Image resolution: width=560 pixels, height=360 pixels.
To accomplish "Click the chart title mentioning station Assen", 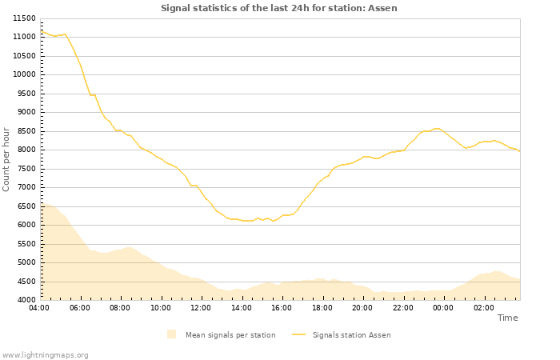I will tap(278, 8).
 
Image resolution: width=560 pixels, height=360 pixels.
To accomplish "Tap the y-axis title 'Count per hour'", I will tap(6, 159).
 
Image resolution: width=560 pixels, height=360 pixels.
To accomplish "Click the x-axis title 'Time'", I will tap(507, 318).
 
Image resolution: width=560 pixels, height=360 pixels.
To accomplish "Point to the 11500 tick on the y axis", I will tap(23, 18).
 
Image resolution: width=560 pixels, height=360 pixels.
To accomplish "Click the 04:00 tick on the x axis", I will tap(39, 307).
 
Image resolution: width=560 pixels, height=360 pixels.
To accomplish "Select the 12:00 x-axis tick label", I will tap(201, 307).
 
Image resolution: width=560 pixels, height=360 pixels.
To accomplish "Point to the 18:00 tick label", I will tap(322, 307).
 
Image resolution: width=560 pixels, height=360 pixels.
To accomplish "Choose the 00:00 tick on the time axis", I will tap(443, 307).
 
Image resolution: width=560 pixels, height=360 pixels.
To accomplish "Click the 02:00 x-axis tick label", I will tap(484, 307).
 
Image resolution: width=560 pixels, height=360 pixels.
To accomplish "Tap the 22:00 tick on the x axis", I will tap(403, 307).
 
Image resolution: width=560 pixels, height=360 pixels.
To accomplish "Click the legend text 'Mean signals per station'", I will tap(230, 335).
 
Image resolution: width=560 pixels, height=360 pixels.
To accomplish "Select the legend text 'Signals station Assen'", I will tap(351, 335).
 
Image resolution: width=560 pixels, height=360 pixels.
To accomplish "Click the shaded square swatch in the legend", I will tap(171, 334).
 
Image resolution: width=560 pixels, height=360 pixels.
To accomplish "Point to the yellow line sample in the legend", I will tap(299, 335).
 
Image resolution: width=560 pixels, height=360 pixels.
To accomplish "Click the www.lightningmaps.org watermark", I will tap(45, 354).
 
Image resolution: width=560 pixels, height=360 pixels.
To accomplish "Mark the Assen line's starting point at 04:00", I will tap(40, 32).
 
